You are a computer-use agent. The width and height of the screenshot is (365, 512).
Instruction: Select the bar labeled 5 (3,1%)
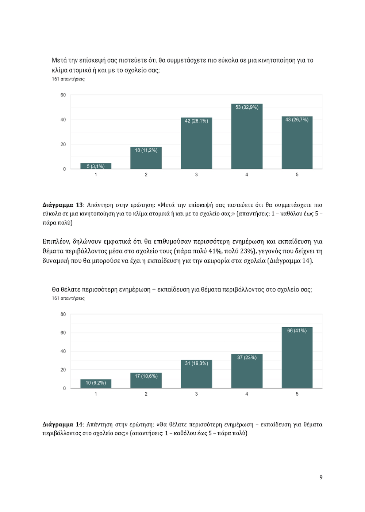point(96,166)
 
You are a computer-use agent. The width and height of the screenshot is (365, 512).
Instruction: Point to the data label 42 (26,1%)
point(196,121)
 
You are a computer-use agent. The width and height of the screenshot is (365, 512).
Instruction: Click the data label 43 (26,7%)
point(297,120)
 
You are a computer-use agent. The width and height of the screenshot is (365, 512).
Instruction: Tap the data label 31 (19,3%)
point(196,363)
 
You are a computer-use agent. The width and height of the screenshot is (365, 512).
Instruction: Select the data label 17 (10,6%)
point(146,376)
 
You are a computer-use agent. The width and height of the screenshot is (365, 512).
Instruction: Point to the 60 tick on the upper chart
point(63,95)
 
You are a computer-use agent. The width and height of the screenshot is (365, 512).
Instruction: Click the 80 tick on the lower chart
point(63,314)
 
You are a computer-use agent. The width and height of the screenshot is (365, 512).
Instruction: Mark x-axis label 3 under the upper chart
point(196,175)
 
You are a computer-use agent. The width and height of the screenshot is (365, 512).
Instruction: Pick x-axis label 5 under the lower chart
point(297,394)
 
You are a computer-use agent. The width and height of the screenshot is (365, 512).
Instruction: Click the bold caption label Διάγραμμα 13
point(63,205)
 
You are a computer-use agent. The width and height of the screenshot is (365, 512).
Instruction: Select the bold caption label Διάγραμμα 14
point(63,424)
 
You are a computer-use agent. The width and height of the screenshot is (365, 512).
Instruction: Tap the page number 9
point(321,477)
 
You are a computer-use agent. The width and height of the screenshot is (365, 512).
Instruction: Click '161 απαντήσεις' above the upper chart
point(68,79)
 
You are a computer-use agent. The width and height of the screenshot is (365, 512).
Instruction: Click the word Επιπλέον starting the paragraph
point(55,241)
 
